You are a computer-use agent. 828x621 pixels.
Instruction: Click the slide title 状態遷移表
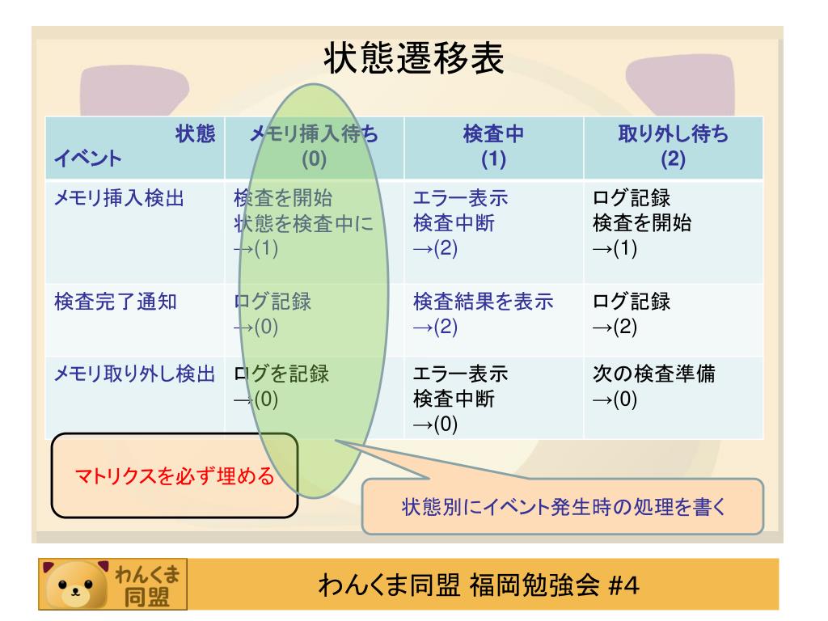(x=414, y=59)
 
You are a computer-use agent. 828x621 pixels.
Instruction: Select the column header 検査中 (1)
(x=492, y=148)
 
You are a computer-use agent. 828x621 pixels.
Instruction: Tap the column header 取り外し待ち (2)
(x=672, y=148)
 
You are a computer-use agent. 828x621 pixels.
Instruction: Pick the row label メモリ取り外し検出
(x=133, y=374)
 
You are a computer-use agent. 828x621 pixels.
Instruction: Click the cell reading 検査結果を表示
(x=484, y=302)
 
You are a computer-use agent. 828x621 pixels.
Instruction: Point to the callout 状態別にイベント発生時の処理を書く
(x=564, y=509)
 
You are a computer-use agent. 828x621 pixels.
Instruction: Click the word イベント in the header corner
(x=88, y=159)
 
